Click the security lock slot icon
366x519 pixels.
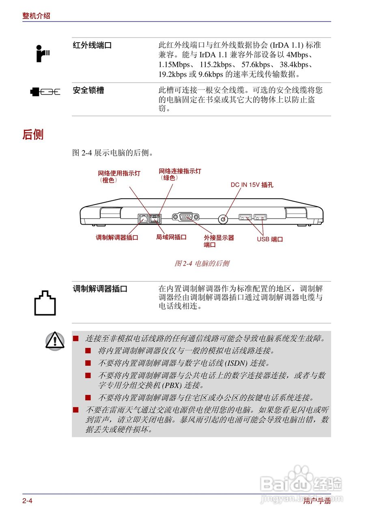pyautogui.click(x=45, y=92)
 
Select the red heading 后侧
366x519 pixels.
pyautogui.click(x=33, y=135)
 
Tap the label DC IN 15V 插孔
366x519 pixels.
pyautogui.click(x=252, y=185)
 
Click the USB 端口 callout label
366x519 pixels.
pyautogui.click(x=270, y=239)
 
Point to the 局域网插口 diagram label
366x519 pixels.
pyautogui.click(x=171, y=237)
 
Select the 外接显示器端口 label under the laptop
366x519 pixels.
pyautogui.click(x=219, y=241)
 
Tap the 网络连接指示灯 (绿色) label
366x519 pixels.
pyautogui.click(x=179, y=174)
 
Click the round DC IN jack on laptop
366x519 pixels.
pyautogui.click(x=223, y=219)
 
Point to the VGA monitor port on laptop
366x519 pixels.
pyautogui.click(x=185, y=217)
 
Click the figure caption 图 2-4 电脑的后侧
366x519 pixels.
pyautogui.click(x=202, y=264)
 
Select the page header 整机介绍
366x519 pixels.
pyautogui.click(x=37, y=16)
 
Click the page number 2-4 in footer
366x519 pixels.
pyautogui.click(x=27, y=501)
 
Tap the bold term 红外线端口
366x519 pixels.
pyautogui.click(x=92, y=45)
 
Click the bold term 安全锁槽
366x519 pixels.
pyautogui.click(x=88, y=90)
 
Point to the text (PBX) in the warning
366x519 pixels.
pyautogui.click(x=172, y=385)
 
